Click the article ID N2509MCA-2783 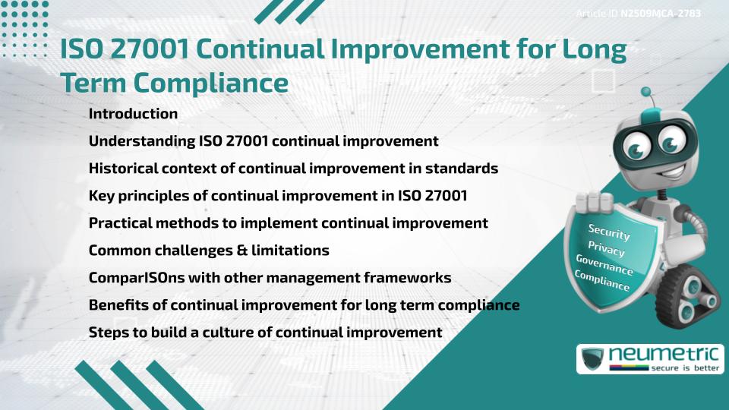[658, 14]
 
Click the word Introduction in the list [133, 114]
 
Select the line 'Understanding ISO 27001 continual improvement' [264, 141]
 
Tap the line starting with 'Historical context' [293, 169]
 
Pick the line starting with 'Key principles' [278, 196]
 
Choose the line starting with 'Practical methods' [288, 223]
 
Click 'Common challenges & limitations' [209, 251]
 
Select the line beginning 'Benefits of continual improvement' [304, 305]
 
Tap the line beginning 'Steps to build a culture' [265, 333]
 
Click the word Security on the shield [609, 232]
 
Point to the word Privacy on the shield [606, 248]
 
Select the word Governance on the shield [604, 265]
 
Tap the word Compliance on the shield [602, 282]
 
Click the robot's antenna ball [647, 93]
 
